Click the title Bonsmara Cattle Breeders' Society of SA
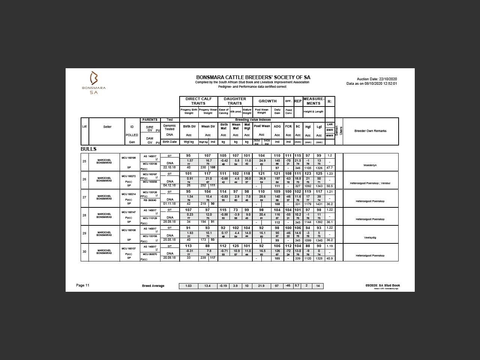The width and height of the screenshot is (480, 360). coord(253,78)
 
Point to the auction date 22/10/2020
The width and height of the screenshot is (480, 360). coord(376,79)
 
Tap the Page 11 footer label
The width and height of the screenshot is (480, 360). coord(82,285)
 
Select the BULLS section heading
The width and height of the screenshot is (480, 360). coord(88,149)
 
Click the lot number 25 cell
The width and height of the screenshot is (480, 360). coord(84,161)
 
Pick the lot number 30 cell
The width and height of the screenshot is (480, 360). coord(84,251)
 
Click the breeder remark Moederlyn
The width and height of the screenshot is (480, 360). coord(370,165)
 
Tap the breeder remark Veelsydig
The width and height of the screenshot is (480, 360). coord(370,237)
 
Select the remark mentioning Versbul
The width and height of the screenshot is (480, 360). coord(370,183)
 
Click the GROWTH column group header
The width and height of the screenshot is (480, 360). coord(267,101)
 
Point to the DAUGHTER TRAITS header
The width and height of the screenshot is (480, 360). coord(235,101)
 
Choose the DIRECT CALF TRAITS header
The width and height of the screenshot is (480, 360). coord(198,101)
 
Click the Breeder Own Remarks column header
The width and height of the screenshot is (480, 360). coord(370,131)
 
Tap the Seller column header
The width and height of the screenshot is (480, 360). coord(107,127)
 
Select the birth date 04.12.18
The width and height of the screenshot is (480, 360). coord(169,185)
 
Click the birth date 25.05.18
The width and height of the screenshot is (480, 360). coord(169,240)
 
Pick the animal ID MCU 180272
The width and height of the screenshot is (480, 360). coord(129,176)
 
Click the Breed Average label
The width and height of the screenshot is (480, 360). coord(153,286)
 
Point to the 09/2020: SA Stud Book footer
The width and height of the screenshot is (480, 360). coord(382,285)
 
